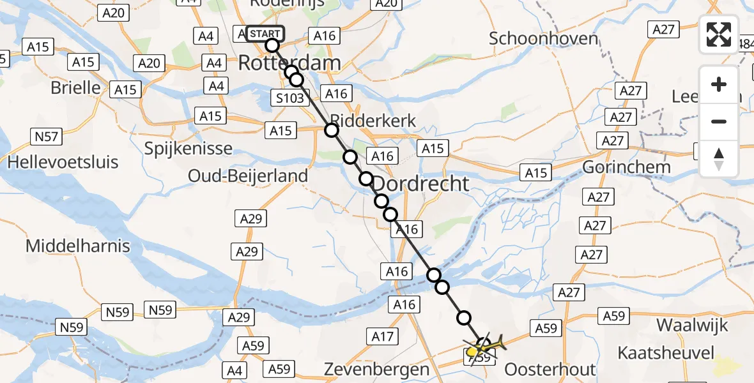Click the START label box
click(265, 34)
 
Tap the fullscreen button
click(719, 34)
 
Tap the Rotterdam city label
click(289, 63)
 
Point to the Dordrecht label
click(420, 184)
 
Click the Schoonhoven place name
click(543, 38)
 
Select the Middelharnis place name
click(78, 245)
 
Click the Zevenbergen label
click(376, 369)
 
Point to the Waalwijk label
click(692, 325)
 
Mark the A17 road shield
click(383, 335)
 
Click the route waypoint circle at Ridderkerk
click(332, 131)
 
